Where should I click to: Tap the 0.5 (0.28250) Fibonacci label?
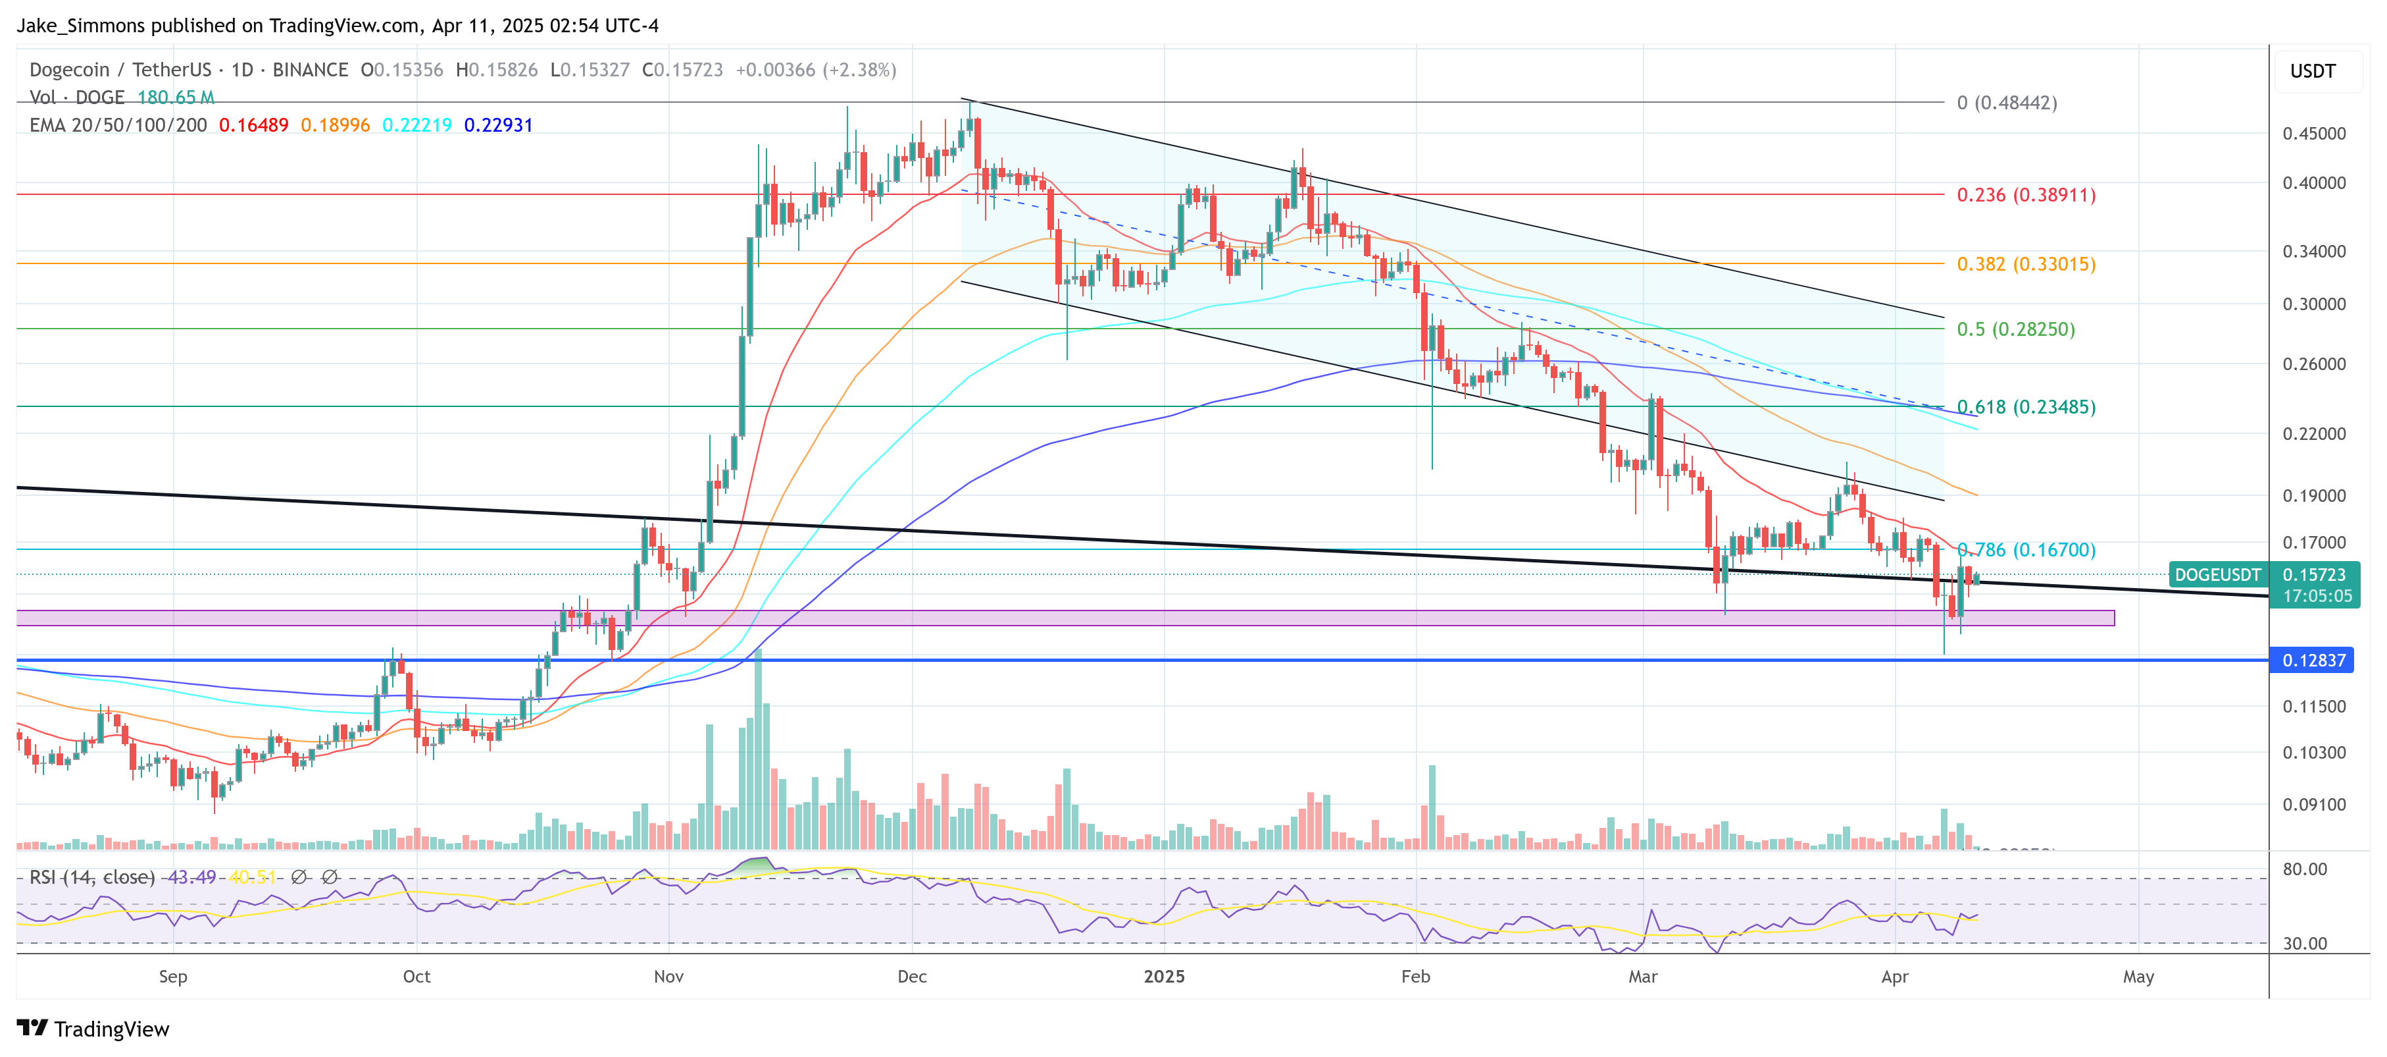click(2015, 329)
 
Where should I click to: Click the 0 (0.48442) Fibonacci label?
click(2006, 103)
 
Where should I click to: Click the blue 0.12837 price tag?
click(2313, 660)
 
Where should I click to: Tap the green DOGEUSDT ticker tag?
click(2217, 575)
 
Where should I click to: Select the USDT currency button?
click(2312, 71)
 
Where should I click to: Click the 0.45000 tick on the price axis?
click(2313, 134)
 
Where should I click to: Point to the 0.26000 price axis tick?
click(2313, 364)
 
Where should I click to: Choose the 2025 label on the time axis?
click(1163, 977)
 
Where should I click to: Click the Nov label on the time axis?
click(668, 977)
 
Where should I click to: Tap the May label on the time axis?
click(2138, 977)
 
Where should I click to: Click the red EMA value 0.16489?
click(253, 125)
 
